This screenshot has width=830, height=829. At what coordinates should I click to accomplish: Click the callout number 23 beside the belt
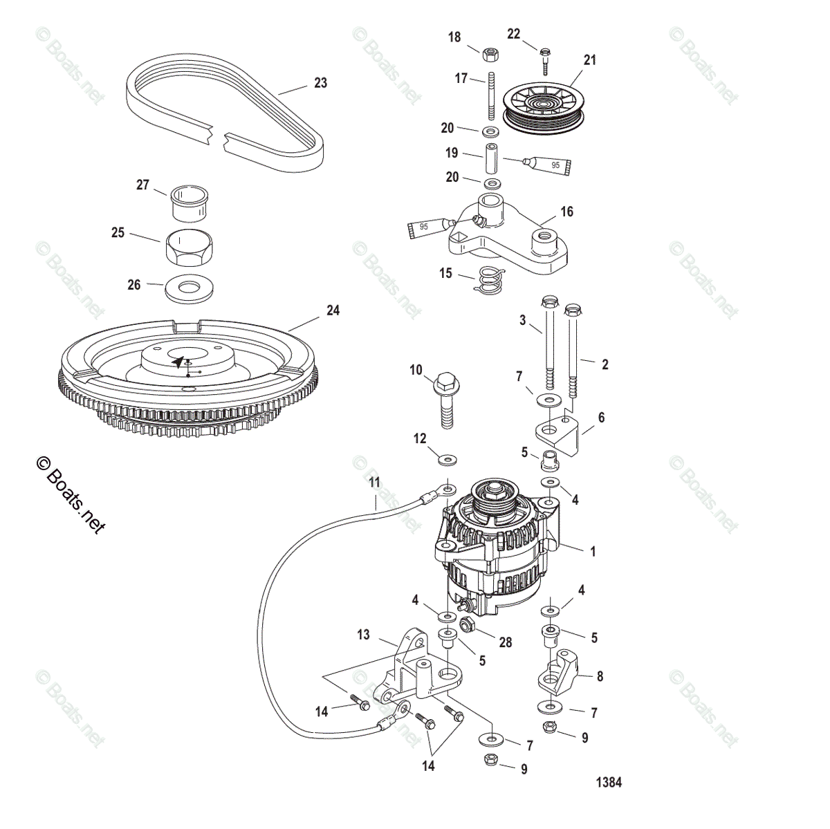coord(320,83)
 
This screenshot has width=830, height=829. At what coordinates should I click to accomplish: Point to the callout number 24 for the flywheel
coord(333,311)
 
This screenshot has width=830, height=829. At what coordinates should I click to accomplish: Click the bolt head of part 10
coord(444,381)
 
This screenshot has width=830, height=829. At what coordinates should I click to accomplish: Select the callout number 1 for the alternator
coord(592,552)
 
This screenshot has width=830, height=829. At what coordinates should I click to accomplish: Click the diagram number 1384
coord(609,783)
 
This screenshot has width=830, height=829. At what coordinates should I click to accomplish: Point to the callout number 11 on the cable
coord(374,483)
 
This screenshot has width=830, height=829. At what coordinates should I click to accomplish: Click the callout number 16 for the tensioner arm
coord(566,212)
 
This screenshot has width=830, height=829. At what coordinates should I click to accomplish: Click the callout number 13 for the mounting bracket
coord(364,635)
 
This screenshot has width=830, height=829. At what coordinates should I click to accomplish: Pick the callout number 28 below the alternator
coord(506,642)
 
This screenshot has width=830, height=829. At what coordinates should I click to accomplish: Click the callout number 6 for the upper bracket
coord(601,417)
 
